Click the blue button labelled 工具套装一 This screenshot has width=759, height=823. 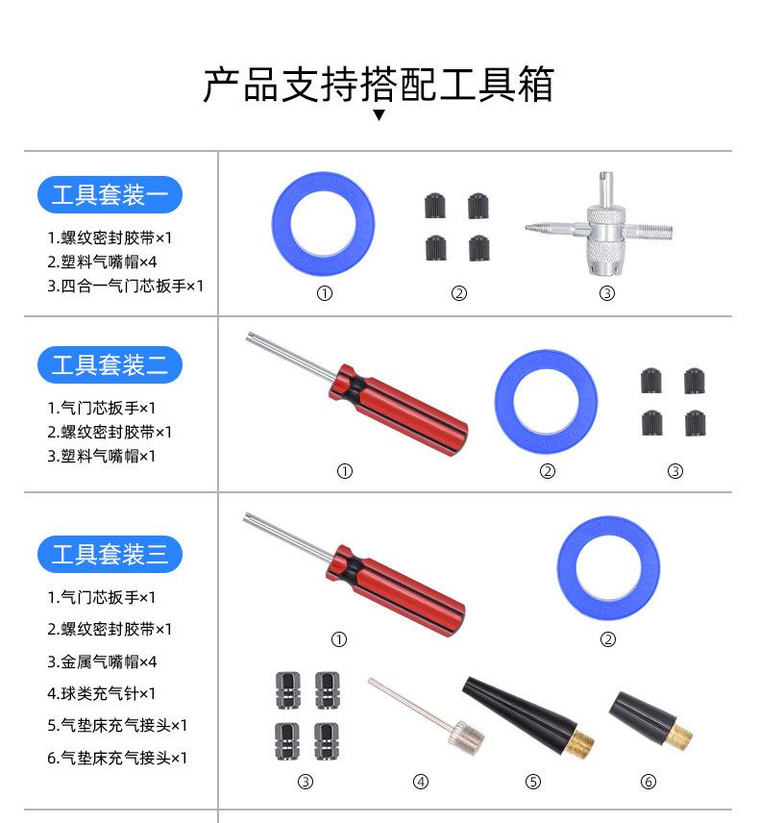point(110,195)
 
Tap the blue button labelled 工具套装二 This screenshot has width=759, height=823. point(110,365)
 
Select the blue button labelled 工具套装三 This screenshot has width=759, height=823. point(110,554)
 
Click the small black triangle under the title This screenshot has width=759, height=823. point(379,115)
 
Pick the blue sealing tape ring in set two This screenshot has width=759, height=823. point(546,399)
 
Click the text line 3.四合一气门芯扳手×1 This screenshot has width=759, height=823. point(125,286)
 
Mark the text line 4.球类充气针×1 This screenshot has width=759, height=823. point(102,693)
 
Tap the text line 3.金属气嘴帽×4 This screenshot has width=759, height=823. point(102,661)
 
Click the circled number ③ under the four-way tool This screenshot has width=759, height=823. point(606,293)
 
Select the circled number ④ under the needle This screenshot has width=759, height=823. point(420,782)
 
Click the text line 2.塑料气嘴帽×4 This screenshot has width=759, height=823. point(102,261)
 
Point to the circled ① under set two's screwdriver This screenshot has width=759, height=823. point(345,471)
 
